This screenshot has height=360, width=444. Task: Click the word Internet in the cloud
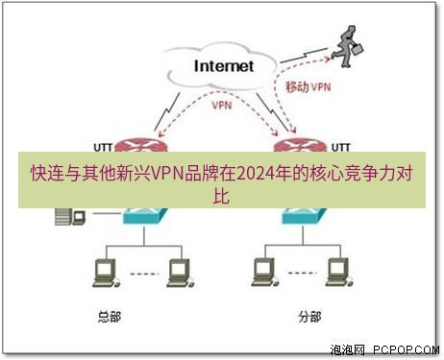click(224, 66)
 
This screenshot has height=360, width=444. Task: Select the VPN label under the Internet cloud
click(221, 105)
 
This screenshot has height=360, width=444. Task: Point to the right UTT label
click(340, 146)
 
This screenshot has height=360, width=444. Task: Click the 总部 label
click(111, 314)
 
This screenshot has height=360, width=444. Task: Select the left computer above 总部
click(100, 272)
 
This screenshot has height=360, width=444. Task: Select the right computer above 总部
click(175, 272)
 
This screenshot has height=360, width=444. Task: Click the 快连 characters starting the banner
click(41, 175)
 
